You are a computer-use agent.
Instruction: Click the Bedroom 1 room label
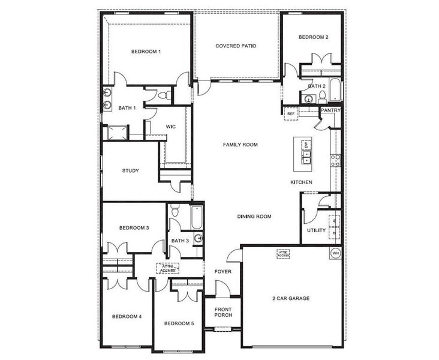coord(146,52)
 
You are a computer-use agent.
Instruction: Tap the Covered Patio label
coord(237,46)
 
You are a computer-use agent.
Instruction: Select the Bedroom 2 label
coord(313,37)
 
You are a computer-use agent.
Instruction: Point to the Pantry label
coord(330,110)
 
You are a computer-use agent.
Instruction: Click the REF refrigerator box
coord(291,113)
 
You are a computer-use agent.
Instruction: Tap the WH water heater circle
coord(335,253)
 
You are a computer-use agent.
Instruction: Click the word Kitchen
coord(301,182)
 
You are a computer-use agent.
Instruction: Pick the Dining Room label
coord(254,217)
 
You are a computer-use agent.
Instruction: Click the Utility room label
coord(316,230)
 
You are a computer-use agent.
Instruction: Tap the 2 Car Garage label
coord(291,298)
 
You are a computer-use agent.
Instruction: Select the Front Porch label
coord(223,313)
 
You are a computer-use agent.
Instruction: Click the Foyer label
coord(223,272)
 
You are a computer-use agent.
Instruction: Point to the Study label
coord(130,171)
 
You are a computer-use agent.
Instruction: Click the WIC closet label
coord(170,127)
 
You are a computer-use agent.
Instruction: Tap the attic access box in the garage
coord(283,253)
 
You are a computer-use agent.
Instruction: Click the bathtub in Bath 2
coord(334,89)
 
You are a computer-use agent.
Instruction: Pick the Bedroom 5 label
coord(179,324)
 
